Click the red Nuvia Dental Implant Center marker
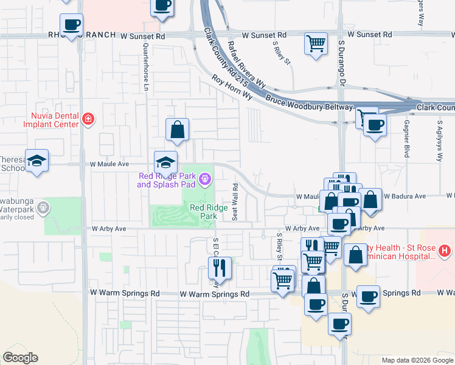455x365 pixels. tap(88, 118)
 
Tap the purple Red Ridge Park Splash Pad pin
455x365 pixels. tap(206, 179)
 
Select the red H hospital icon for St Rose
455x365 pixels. tap(445, 250)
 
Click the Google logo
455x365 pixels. tap(20, 358)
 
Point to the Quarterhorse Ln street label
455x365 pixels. tap(146, 67)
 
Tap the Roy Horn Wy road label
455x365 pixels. tap(232, 87)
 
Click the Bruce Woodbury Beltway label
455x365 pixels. tap(309, 102)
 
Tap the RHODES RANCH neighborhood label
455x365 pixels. tap(83, 35)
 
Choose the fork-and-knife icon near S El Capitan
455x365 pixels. tap(220, 266)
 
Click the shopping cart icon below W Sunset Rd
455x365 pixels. tap(316, 43)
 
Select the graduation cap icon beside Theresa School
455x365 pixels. tap(36, 160)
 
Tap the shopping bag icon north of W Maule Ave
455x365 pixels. tap(177, 128)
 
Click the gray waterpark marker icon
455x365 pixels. tap(43, 209)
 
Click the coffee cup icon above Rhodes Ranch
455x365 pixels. tap(71, 24)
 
